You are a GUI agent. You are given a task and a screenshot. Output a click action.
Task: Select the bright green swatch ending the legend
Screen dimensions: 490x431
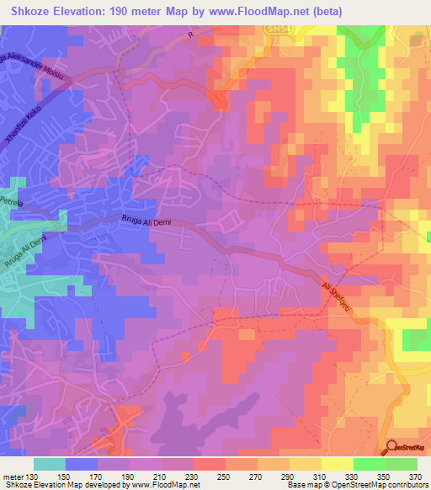click(402, 464)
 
